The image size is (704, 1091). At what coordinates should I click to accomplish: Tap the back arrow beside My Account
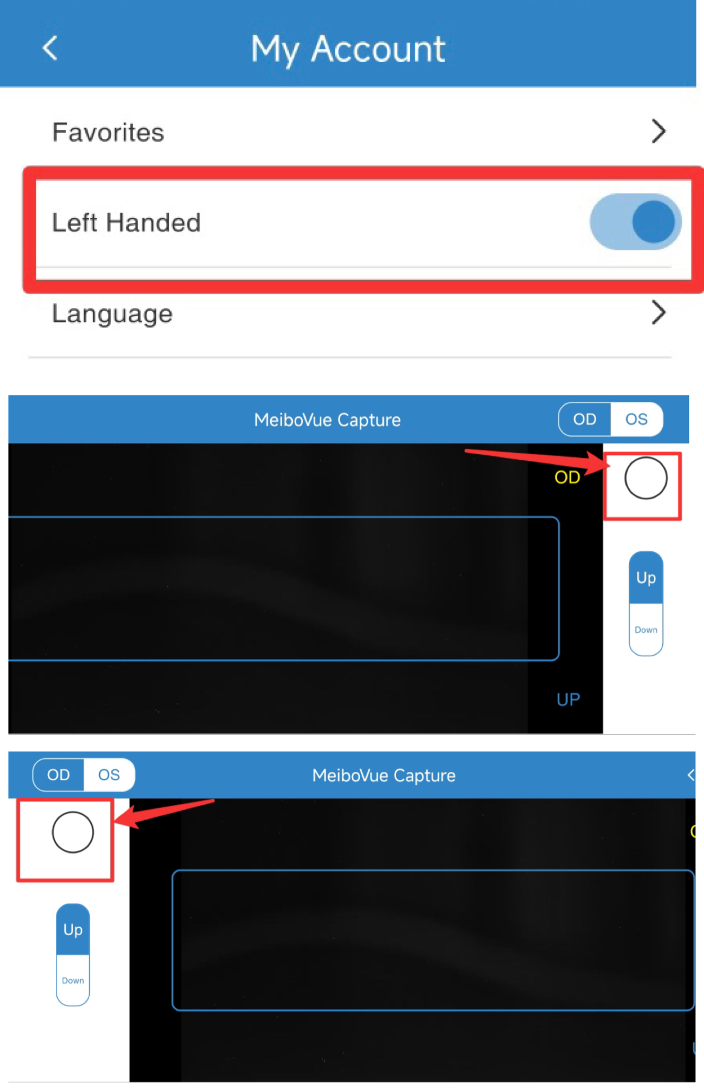coord(50,48)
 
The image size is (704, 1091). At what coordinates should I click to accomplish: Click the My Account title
coord(348,49)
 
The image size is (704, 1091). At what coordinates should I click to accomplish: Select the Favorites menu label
coord(108,132)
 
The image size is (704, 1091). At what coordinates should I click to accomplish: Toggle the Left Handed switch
coord(635,221)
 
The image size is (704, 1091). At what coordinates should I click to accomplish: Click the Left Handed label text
coord(126,222)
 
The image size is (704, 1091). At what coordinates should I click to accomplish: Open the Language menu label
coord(112,313)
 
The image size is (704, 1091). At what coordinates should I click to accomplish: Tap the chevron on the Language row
coord(659,313)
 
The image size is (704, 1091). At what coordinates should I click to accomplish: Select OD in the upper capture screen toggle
coord(584,419)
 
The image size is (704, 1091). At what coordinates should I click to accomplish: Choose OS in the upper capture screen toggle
coord(636,419)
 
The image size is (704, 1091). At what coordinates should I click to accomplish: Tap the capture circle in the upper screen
coord(646,478)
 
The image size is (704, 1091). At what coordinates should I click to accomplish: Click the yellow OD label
coord(567,477)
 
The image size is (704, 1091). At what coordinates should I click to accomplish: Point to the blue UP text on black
coord(568,699)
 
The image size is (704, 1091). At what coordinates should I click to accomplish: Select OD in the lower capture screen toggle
coord(58,775)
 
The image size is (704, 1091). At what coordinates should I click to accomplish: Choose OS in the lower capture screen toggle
coord(109,775)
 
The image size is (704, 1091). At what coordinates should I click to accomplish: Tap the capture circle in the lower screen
coord(73,832)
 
